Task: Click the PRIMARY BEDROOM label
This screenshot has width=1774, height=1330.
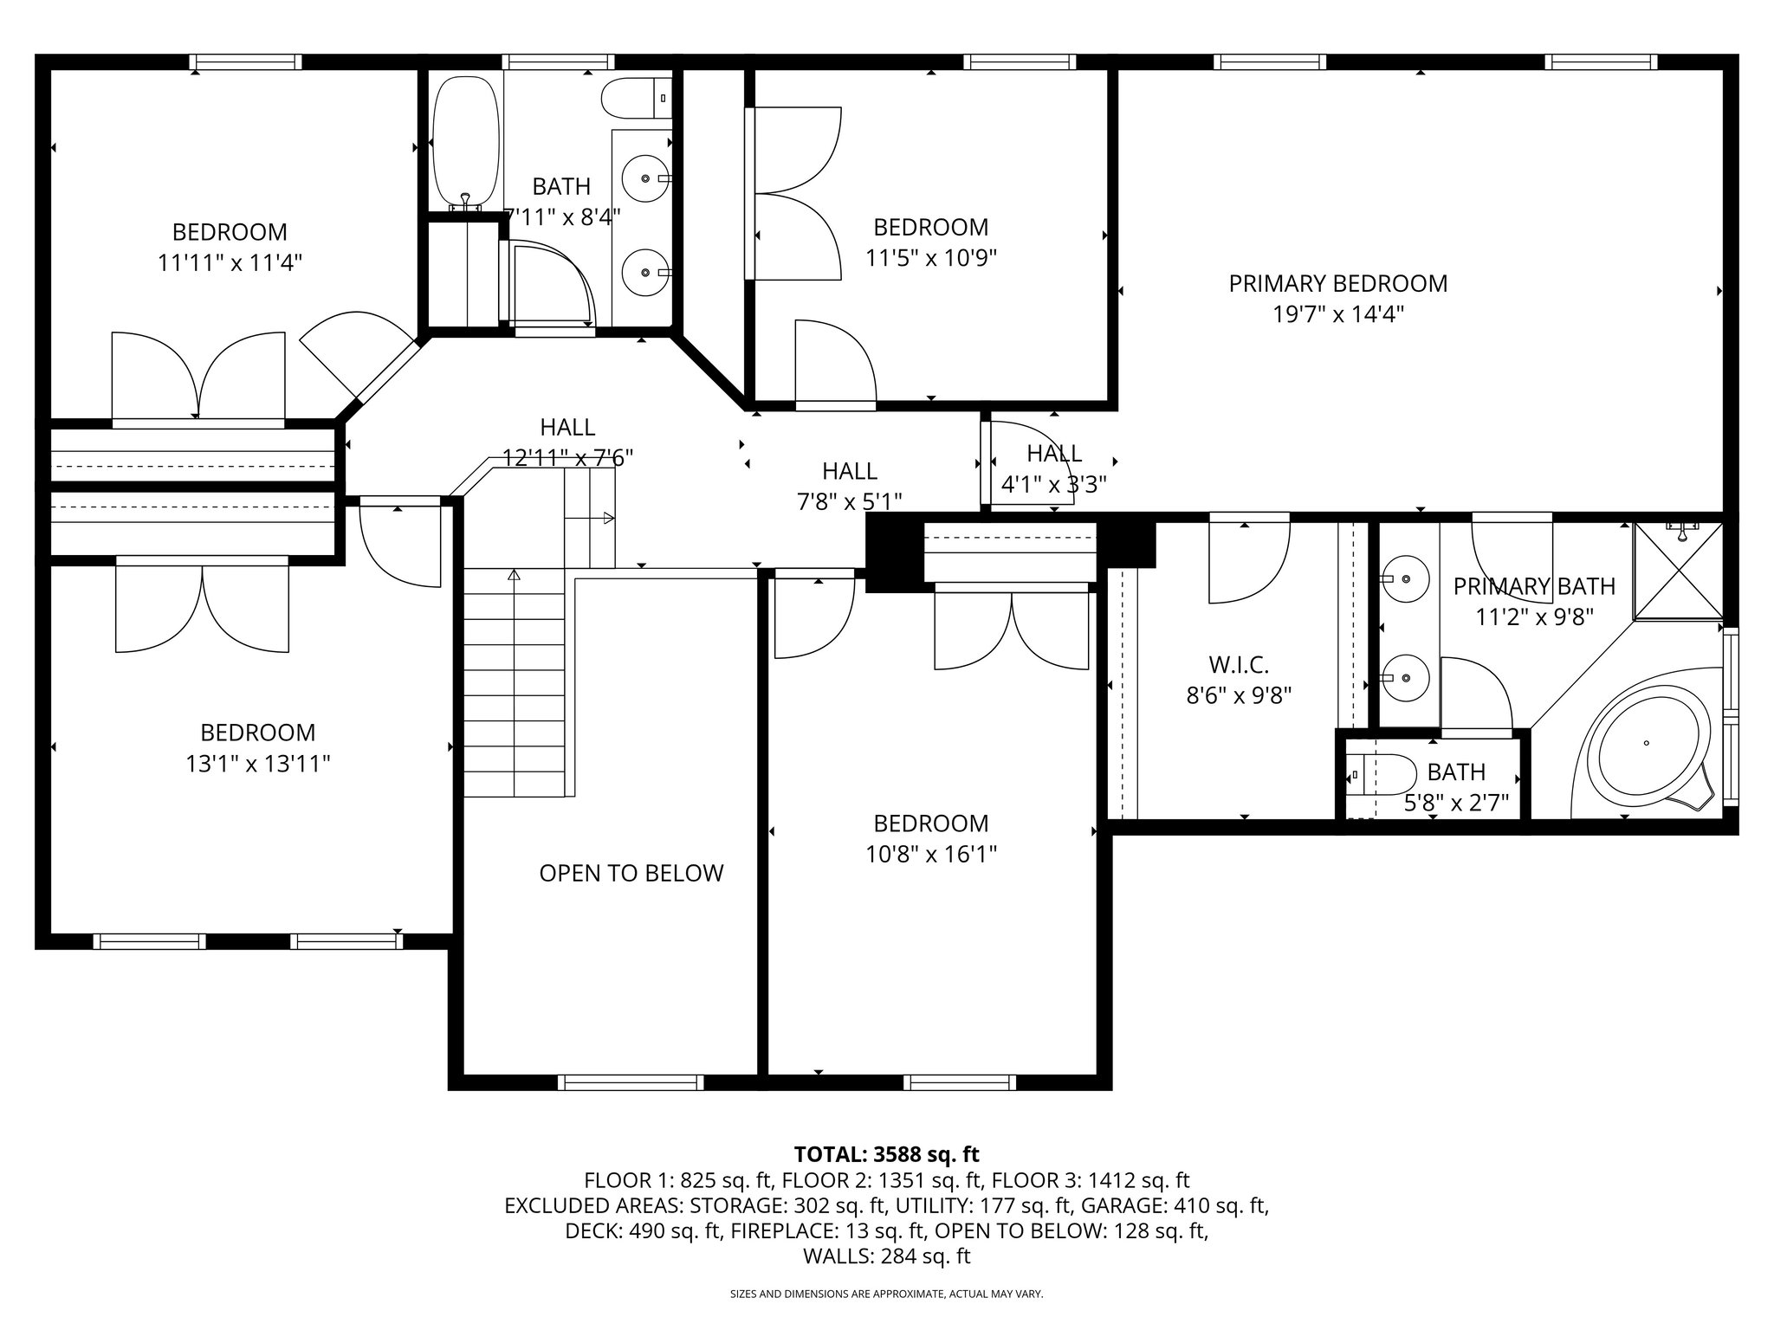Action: click(1337, 283)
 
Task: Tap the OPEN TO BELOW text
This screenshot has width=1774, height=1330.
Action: click(631, 873)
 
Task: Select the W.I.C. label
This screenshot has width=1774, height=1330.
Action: click(1239, 665)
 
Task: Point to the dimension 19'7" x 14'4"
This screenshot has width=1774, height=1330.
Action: click(1337, 313)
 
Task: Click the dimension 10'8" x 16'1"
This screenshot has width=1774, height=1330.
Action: click(931, 855)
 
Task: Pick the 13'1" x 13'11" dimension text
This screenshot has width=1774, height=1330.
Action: click(257, 764)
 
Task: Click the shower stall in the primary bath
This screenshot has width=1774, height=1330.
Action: click(1679, 571)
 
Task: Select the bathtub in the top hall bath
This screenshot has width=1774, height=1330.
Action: click(466, 143)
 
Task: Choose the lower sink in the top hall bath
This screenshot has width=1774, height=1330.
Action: click(646, 272)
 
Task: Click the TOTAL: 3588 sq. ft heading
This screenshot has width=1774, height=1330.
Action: click(886, 1154)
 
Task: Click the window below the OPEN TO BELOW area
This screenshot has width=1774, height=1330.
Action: click(631, 1081)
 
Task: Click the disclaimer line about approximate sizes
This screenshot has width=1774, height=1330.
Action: click(886, 1294)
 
